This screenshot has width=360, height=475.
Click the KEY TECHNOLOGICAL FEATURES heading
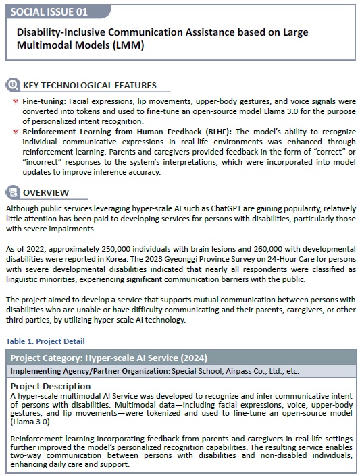pyautogui.click(x=89, y=86)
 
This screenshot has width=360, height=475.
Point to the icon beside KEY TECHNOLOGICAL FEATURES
pyautogui.click(x=13, y=86)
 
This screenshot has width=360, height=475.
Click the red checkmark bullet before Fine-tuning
pyautogui.click(x=16, y=101)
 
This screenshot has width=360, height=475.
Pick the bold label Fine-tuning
pyautogui.click(x=43, y=101)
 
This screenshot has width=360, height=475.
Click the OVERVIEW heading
pyautogui.click(x=46, y=192)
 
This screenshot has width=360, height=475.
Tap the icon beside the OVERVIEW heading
pyautogui.click(x=13, y=192)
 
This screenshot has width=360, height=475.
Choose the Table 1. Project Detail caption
pyautogui.click(x=47, y=341)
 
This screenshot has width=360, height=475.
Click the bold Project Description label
pyautogui.click(x=45, y=386)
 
